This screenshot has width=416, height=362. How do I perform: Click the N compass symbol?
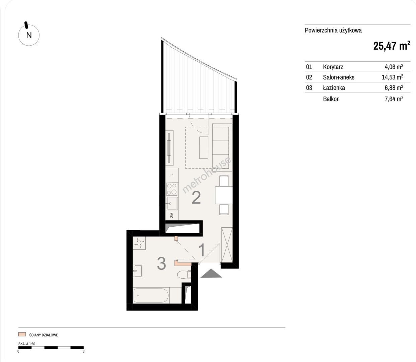pos(29,35)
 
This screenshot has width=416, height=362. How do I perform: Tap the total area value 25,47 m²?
pos(392,46)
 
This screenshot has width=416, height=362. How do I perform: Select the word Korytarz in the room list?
pos(333,67)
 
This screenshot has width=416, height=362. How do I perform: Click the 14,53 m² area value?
pos(393,77)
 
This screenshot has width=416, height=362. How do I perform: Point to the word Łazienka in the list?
pos(334,88)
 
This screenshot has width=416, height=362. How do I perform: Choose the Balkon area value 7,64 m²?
pos(394,99)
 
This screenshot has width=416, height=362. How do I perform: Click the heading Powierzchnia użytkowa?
pos(333,31)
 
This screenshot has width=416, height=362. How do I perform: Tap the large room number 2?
pos(196,197)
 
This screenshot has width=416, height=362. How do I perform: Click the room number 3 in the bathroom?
pos(161,263)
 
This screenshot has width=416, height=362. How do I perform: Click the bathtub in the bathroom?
pos(151,296)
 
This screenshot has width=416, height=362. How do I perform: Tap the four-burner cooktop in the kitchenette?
pos(172,189)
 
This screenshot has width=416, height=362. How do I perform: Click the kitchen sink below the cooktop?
pos(172,203)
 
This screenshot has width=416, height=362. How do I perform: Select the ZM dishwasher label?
pos(172,215)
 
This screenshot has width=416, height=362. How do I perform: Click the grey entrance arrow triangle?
pos(211,273)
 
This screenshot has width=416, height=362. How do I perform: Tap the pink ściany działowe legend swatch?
pos(22,334)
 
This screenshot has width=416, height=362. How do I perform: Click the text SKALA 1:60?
pos(27,344)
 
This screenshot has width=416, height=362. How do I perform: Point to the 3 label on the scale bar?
pos(83,351)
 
